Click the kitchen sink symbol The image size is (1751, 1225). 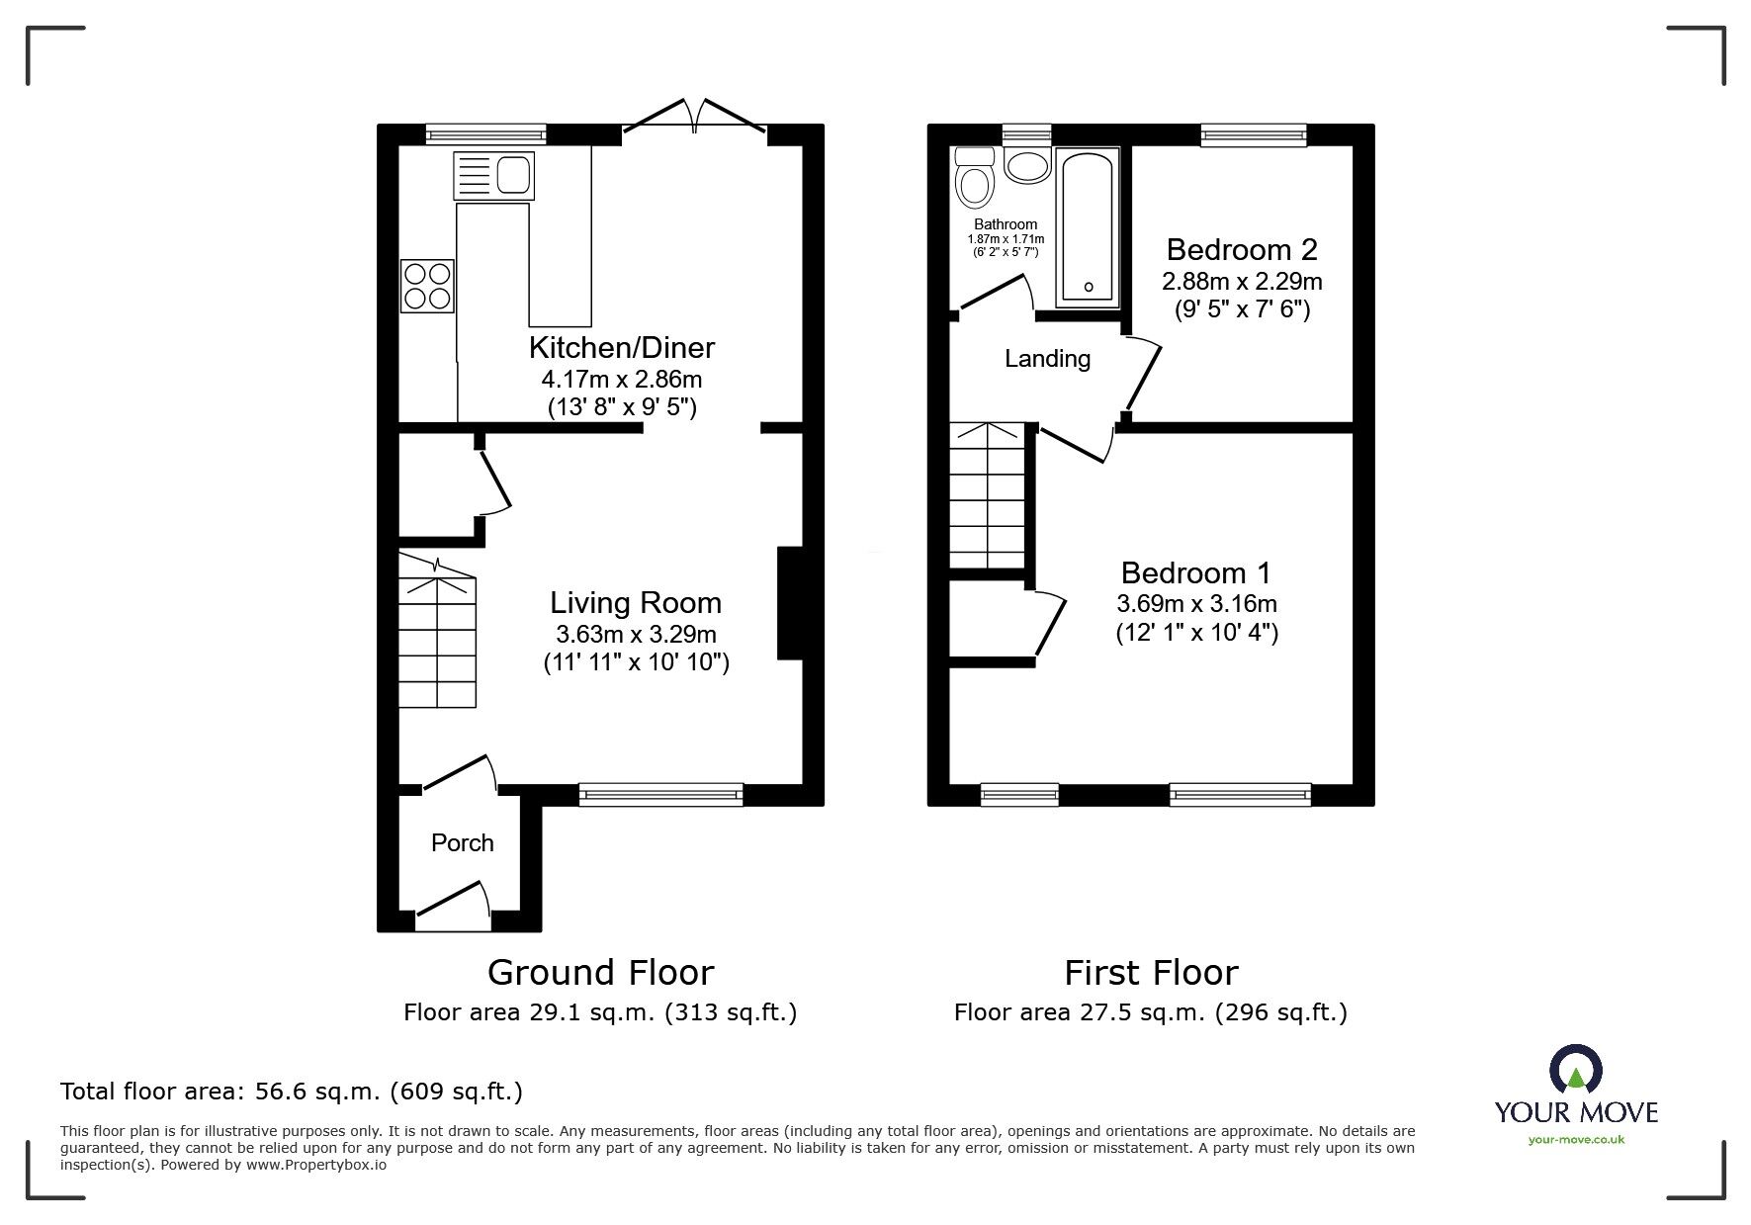tap(493, 176)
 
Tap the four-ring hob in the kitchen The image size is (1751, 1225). tap(427, 286)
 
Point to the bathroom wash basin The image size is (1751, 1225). tap(1027, 164)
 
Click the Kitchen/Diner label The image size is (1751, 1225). tap(621, 347)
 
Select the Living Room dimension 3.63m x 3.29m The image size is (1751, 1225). tap(636, 634)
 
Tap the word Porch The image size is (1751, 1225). tap(462, 842)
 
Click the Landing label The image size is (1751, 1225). tap(1047, 359)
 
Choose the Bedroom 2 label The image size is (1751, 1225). tap(1242, 248)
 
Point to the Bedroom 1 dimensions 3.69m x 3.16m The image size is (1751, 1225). tap(1196, 603)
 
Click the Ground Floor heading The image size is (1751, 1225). tap(600, 972)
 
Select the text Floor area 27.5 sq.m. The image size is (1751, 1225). tap(1061, 1012)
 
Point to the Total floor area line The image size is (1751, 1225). tap(292, 1092)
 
